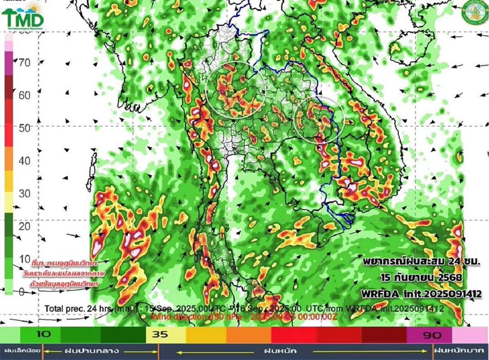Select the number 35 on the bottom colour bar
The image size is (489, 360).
click(x=161, y=335)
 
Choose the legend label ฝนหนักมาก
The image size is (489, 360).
click(x=460, y=351)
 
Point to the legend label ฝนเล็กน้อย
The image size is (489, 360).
click(x=21, y=351)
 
